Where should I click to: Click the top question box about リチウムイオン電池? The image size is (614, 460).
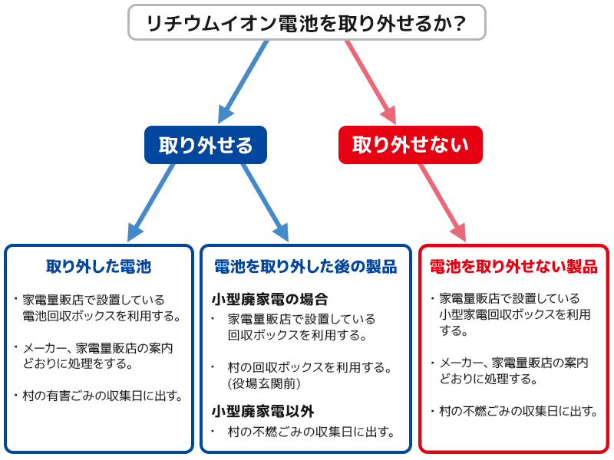pos(307,22)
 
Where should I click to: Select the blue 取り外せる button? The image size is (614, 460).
pos(206,145)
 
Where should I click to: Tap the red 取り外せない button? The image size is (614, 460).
pos(411,145)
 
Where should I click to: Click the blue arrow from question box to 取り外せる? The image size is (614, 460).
pos(243,82)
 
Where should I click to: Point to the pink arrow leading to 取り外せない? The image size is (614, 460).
pos(371,82)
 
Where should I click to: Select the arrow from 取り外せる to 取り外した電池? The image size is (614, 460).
pos(151,202)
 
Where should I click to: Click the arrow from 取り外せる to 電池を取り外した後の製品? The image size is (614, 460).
pos(265,202)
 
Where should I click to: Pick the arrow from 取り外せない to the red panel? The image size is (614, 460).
pos(442,202)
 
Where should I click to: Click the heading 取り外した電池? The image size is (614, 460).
pos(99,267)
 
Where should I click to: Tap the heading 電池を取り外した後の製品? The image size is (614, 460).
pos(305,267)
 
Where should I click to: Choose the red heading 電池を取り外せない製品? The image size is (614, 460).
pos(513,267)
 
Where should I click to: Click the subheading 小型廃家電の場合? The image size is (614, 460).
pos(270,299)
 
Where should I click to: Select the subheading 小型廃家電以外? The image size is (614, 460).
pos(263,411)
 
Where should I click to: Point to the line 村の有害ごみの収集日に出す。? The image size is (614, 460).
pos(103,396)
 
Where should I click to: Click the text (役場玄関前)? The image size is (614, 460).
pos(264,383)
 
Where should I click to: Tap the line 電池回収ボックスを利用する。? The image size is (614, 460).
pos(101,316)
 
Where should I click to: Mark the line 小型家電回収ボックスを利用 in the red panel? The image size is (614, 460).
pos(515,314)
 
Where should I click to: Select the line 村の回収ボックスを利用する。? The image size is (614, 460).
pos(310,367)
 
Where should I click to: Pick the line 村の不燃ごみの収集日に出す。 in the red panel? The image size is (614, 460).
pos(519,411)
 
